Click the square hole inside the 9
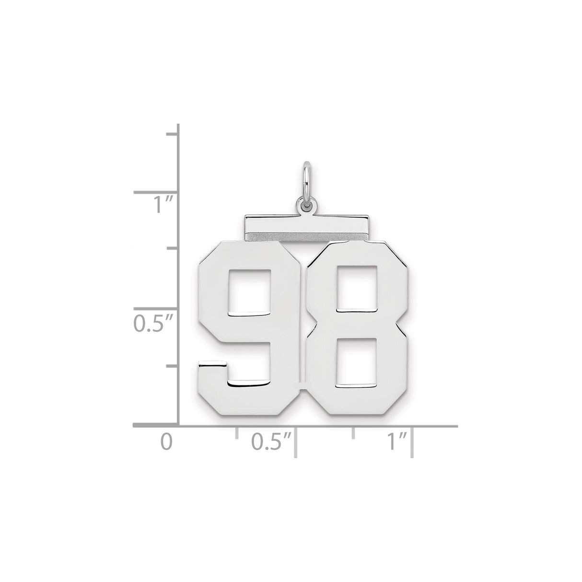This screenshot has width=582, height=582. [250, 292]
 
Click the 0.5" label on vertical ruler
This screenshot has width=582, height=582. [152, 325]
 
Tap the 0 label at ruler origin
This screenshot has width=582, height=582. [165, 441]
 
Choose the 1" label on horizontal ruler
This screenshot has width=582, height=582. [397, 441]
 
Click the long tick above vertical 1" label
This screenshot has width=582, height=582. [156, 192]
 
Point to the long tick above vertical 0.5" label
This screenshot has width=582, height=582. [156, 309]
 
